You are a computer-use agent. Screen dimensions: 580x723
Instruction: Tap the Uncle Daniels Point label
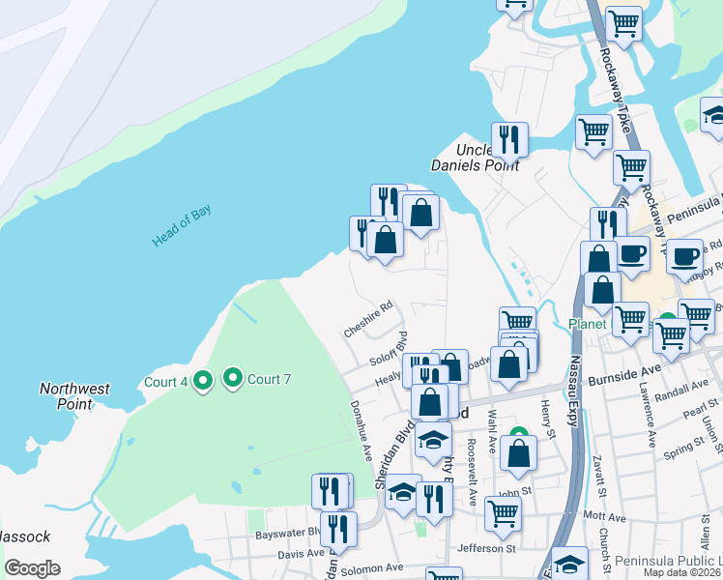pos(488,158)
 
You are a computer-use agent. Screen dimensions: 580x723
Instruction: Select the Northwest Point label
pos(74,396)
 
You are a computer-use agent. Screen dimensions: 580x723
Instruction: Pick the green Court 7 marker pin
pos(233,377)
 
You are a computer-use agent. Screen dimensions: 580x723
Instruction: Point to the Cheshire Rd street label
pos(368,318)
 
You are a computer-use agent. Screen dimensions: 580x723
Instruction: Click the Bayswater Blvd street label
pos(286,534)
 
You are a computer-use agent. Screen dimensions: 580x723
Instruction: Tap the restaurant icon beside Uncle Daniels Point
pos(508,139)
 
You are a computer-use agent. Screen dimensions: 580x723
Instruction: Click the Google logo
pos(32,568)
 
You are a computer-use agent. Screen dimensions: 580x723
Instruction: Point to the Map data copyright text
pos(681,572)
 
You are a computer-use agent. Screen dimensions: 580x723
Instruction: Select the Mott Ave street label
pos(605,517)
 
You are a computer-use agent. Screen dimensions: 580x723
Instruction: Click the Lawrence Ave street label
pos(645,417)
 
